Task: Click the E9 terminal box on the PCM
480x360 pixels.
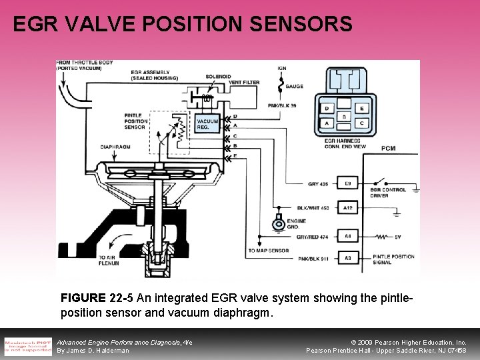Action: pos(347,183)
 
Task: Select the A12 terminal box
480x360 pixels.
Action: pos(347,208)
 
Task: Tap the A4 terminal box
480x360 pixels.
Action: pos(347,235)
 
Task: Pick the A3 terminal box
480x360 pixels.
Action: pos(347,257)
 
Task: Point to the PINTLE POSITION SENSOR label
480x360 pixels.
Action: pos(137,120)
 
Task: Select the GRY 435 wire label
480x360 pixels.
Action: pos(317,183)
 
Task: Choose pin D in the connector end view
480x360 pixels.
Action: pos(327,109)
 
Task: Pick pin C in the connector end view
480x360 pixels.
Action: pos(361,123)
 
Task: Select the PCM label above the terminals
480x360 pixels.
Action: pos(388,148)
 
